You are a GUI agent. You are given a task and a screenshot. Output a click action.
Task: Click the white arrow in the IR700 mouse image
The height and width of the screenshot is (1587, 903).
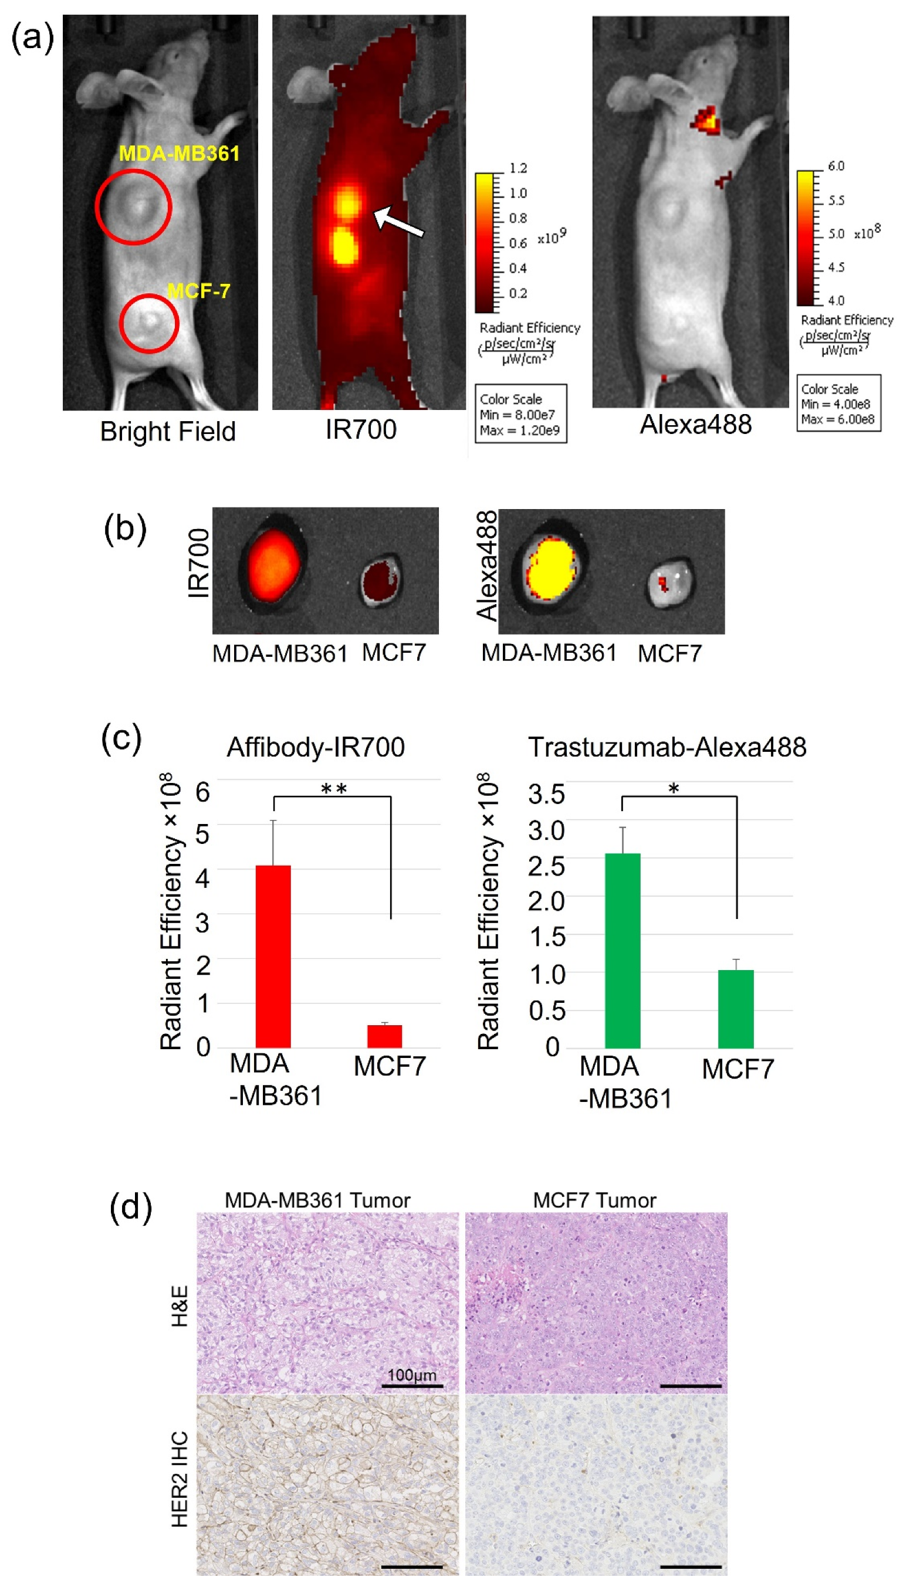click(398, 221)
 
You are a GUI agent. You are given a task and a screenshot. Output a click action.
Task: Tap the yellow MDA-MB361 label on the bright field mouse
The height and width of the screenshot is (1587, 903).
click(179, 153)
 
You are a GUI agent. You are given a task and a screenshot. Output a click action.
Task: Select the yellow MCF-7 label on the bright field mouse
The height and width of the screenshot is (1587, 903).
click(198, 290)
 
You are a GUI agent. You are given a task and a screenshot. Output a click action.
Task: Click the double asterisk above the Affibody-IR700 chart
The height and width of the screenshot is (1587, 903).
click(334, 789)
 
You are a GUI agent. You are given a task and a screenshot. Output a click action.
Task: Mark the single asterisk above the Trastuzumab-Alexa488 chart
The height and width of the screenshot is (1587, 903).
click(674, 789)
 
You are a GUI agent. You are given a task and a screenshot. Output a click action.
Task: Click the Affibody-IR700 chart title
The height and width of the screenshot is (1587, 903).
click(316, 747)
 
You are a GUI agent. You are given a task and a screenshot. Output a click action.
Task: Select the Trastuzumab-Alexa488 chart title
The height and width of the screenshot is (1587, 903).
click(667, 747)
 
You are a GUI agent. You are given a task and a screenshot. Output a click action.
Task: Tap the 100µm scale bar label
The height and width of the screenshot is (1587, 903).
click(412, 1374)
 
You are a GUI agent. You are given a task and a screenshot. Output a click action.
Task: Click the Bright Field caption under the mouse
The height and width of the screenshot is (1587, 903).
click(167, 432)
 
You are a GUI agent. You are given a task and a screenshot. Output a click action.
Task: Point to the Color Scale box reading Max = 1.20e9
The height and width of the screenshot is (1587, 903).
click(520, 413)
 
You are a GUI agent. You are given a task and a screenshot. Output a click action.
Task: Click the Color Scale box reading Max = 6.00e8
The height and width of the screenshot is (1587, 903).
click(838, 403)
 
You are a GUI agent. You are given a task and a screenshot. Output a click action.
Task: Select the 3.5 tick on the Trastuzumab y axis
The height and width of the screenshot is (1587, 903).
click(546, 794)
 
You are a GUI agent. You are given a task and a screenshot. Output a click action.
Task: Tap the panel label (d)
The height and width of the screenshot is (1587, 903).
click(130, 1206)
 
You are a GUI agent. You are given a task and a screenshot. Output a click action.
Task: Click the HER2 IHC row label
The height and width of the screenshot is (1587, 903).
click(179, 1478)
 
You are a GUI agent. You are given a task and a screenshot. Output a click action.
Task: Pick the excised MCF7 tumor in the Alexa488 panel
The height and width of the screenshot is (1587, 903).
click(670, 581)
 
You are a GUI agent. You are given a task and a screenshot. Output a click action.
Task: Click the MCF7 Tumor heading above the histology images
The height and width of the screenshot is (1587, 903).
click(594, 1200)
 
